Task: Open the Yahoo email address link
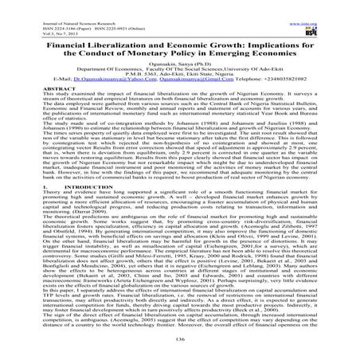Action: pos(104,79)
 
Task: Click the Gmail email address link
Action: pos(198,79)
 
